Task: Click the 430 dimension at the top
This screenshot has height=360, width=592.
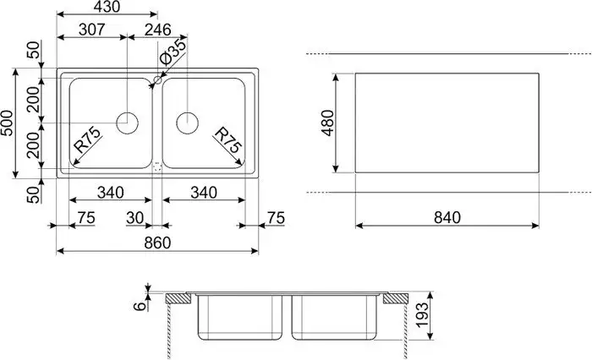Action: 107,7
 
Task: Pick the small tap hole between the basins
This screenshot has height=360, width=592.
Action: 157,82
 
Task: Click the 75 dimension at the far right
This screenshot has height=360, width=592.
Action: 276,218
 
